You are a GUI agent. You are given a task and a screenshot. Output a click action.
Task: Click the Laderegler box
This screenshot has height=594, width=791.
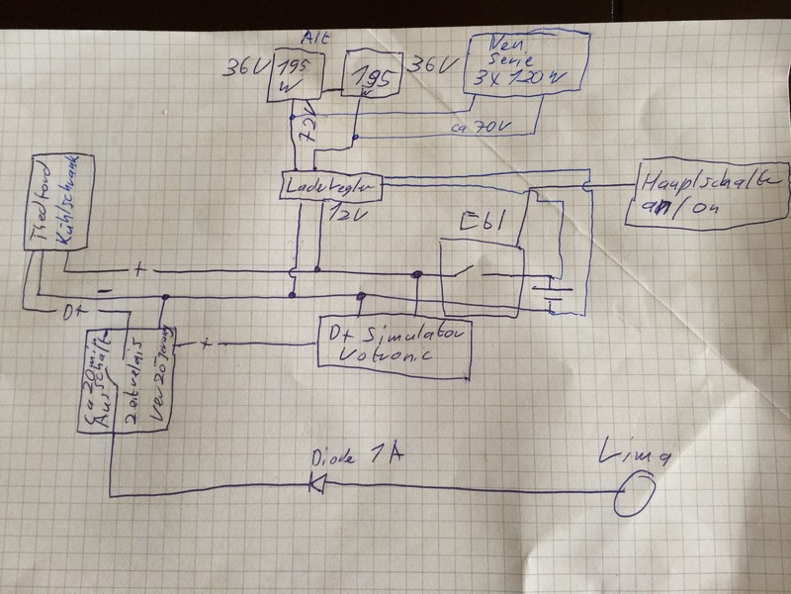click(326, 185)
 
